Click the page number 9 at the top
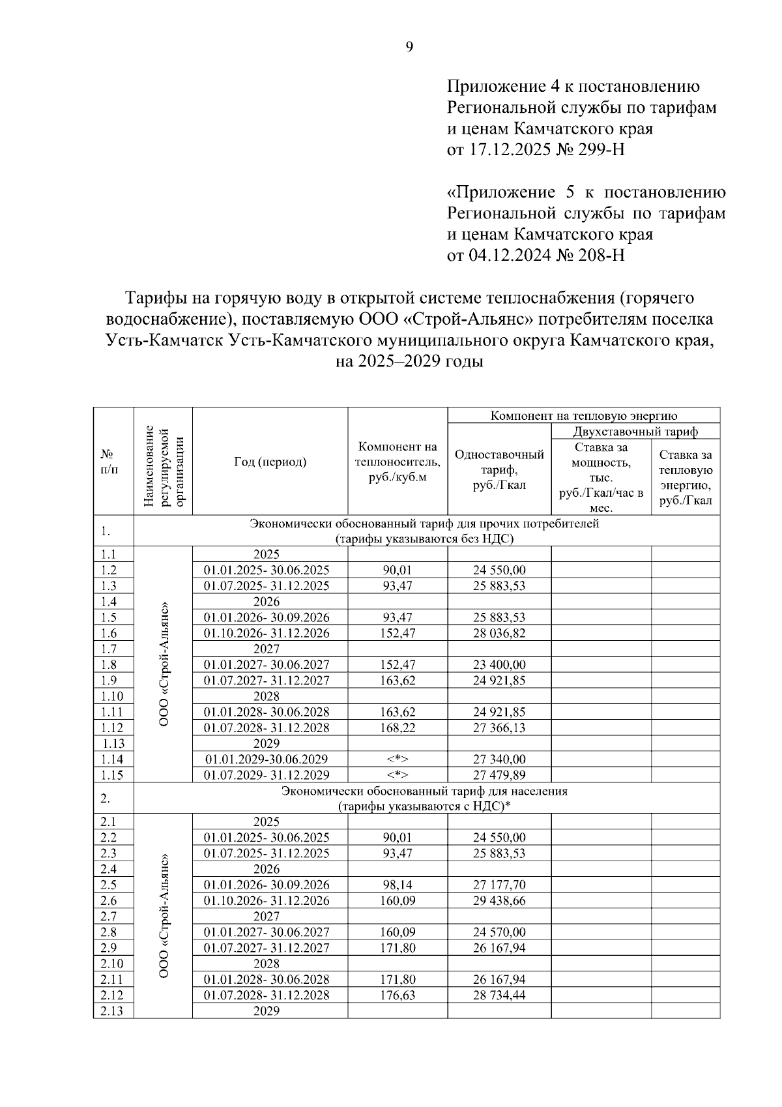click(x=409, y=46)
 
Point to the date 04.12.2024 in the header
click(x=506, y=254)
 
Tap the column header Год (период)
click(x=270, y=462)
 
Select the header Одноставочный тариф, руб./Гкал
click(x=499, y=470)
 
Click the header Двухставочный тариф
click(x=635, y=432)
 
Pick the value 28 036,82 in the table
click(x=499, y=633)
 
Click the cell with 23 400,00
click(x=499, y=664)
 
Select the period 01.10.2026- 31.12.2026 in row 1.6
click(x=267, y=633)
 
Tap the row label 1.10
click(x=113, y=696)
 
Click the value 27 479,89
click(x=499, y=775)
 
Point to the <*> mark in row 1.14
click(x=398, y=759)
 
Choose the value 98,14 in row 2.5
click(x=398, y=885)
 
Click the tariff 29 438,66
click(x=499, y=900)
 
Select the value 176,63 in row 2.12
click(x=398, y=995)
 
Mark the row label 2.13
click(x=113, y=1011)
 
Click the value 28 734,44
click(x=499, y=995)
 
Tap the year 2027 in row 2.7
click(x=267, y=916)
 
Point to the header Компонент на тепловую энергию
click(x=584, y=415)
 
